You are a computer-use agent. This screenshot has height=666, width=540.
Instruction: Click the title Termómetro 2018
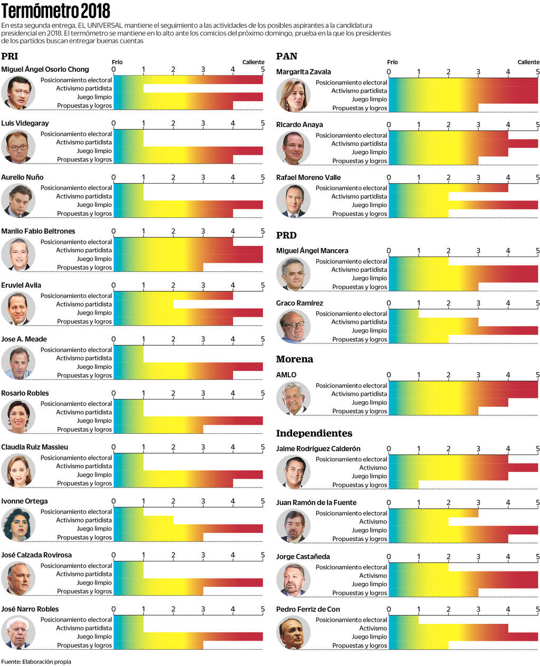pyautogui.click(x=56, y=11)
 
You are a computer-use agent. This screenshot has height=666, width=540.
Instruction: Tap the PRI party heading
pyautogui.click(x=9, y=56)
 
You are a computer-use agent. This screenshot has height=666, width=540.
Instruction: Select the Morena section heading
pyautogui.click(x=294, y=359)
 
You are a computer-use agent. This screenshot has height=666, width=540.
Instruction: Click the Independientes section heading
pyautogui.click(x=314, y=433)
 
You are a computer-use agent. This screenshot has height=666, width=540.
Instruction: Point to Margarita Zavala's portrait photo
pyautogui.click(x=293, y=95)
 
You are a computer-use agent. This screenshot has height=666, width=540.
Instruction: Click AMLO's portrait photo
pyautogui.click(x=293, y=398)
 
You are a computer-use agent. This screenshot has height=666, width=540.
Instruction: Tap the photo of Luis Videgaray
pyautogui.click(x=18, y=146)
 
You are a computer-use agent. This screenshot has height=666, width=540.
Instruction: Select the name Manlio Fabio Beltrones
pyautogui.click(x=38, y=231)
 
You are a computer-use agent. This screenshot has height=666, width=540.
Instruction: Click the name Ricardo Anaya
pyautogui.click(x=299, y=125)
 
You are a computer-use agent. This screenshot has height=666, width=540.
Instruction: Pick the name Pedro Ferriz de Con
pyautogui.click(x=308, y=609)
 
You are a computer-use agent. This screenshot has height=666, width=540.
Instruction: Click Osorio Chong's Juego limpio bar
pyautogui.click(x=188, y=97)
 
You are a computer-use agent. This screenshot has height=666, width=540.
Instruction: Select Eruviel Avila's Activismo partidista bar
pyautogui.click(x=143, y=304)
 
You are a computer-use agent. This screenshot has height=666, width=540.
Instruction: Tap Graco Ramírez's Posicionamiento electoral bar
pyautogui.click(x=403, y=313)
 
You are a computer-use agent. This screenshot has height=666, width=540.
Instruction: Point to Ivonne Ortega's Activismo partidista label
pyautogui.click(x=84, y=520)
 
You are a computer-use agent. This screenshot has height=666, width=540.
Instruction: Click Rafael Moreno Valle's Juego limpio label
pyautogui.click(x=369, y=205)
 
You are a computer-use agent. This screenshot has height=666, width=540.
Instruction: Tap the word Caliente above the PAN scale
pyautogui.click(x=528, y=62)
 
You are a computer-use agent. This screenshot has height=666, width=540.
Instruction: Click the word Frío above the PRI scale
pyautogui.click(x=117, y=62)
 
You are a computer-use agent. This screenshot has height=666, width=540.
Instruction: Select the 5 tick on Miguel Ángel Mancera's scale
pyautogui.click(x=538, y=251)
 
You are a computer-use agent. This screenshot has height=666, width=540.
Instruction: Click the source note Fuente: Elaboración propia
pyautogui.click(x=36, y=661)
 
